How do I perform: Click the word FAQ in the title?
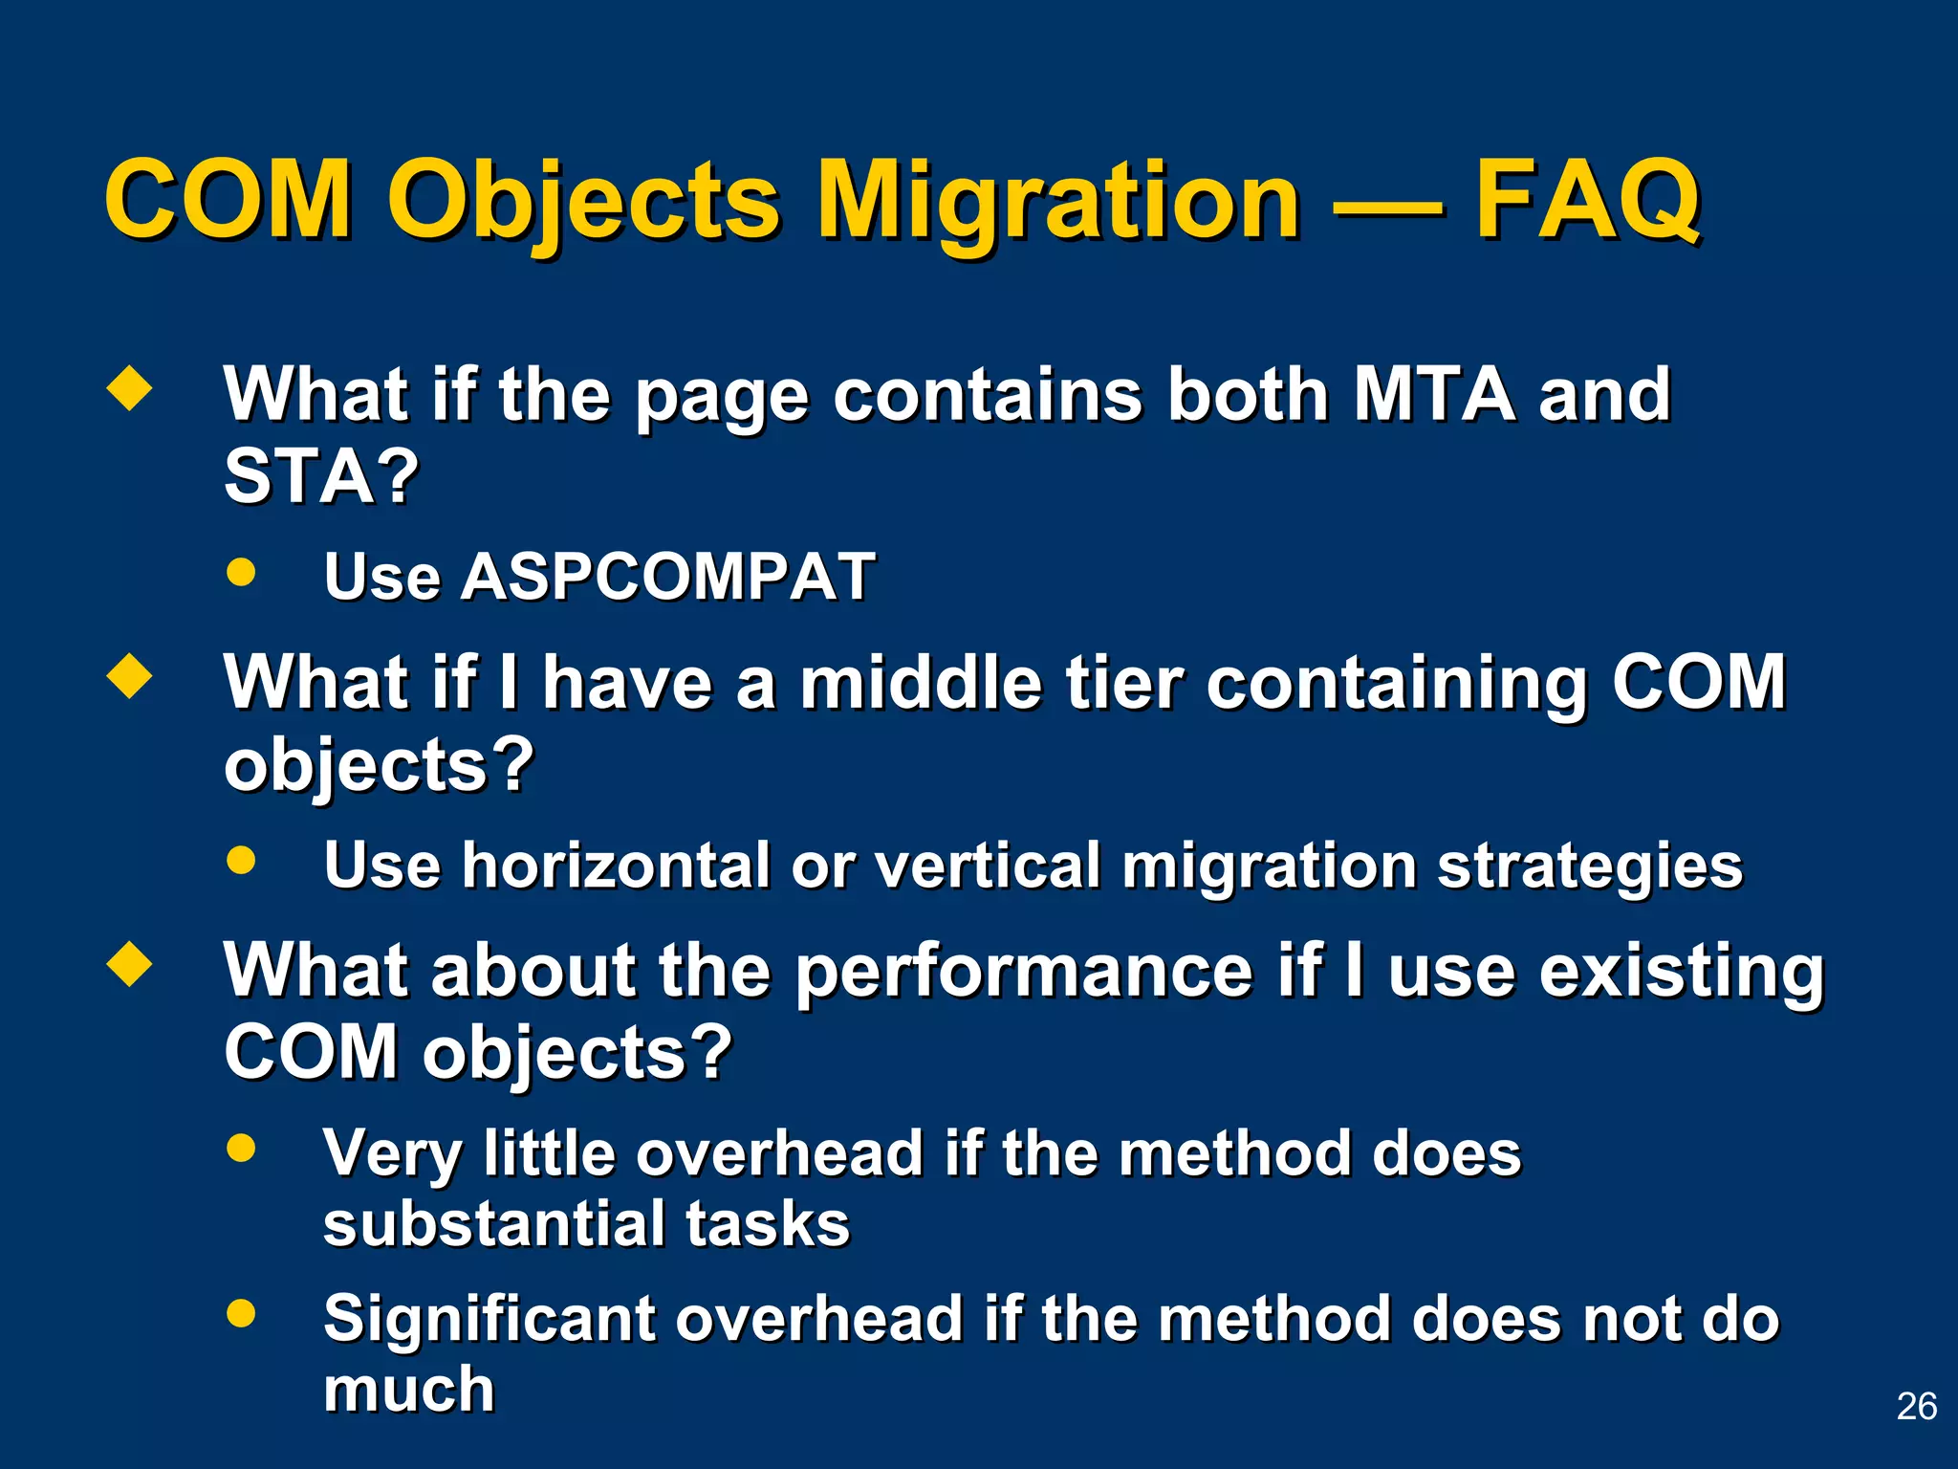pyautogui.click(x=1587, y=201)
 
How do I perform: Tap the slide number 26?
pyautogui.click(x=1916, y=1407)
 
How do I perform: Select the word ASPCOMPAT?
pyautogui.click(x=666, y=577)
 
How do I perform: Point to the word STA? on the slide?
pyautogui.click(x=321, y=476)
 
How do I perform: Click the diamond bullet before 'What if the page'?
pyautogui.click(x=129, y=389)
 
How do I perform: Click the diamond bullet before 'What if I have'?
pyautogui.click(x=129, y=676)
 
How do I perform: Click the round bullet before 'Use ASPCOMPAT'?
pyautogui.click(x=242, y=572)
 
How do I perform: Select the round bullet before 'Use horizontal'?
pyautogui.click(x=242, y=859)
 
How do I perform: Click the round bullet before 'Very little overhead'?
pyautogui.click(x=242, y=1148)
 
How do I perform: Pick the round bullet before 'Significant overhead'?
pyautogui.click(x=242, y=1312)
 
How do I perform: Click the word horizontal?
pyautogui.click(x=618, y=866)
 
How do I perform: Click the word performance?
pyautogui.click(x=1024, y=972)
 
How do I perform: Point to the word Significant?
pyautogui.click(x=488, y=1320)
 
